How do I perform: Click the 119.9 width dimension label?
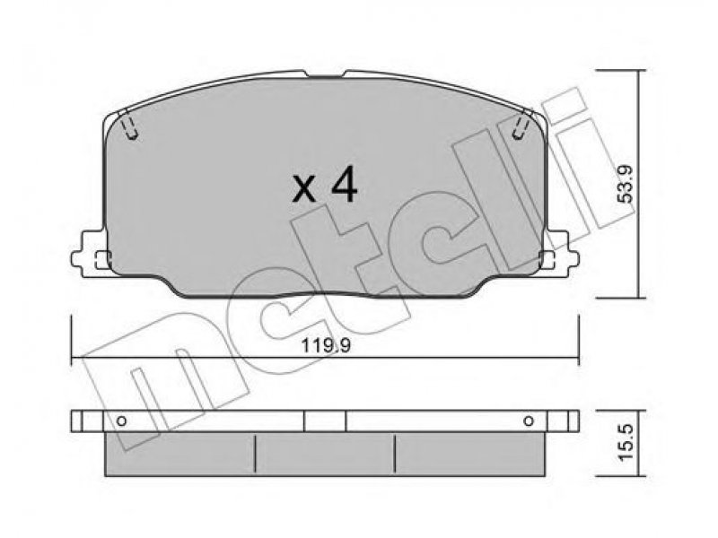(326, 345)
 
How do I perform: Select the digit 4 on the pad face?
(344, 185)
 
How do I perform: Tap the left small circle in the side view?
(121, 421)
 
